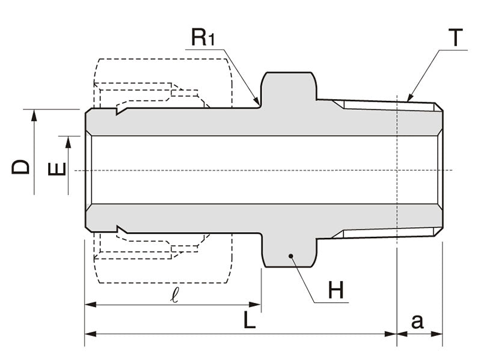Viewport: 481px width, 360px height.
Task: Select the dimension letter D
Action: click(x=21, y=165)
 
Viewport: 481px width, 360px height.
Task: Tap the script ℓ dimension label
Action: click(x=173, y=295)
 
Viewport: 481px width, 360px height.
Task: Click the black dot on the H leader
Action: click(x=290, y=256)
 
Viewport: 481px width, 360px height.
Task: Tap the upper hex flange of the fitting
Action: click(x=289, y=87)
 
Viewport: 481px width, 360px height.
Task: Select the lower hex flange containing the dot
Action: click(x=289, y=252)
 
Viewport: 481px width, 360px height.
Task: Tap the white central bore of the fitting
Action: click(x=240, y=170)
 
